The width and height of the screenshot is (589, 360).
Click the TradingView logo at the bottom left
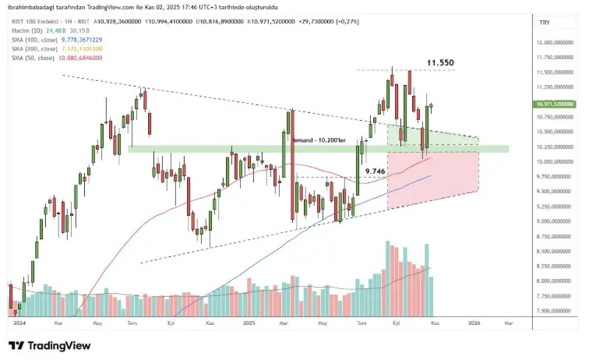48,345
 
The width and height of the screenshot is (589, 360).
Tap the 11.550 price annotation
439,62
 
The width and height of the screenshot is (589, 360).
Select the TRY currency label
545,23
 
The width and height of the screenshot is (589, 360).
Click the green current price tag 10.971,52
555,104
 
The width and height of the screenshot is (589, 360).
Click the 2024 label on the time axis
20,321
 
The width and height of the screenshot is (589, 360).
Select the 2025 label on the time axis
249,321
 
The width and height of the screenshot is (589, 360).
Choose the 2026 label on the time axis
473,321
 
